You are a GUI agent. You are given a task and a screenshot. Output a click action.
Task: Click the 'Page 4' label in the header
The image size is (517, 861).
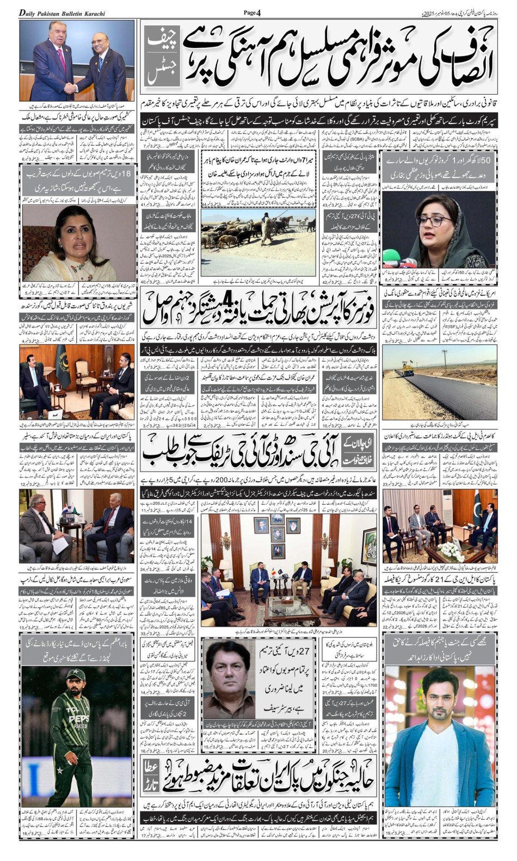253,12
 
